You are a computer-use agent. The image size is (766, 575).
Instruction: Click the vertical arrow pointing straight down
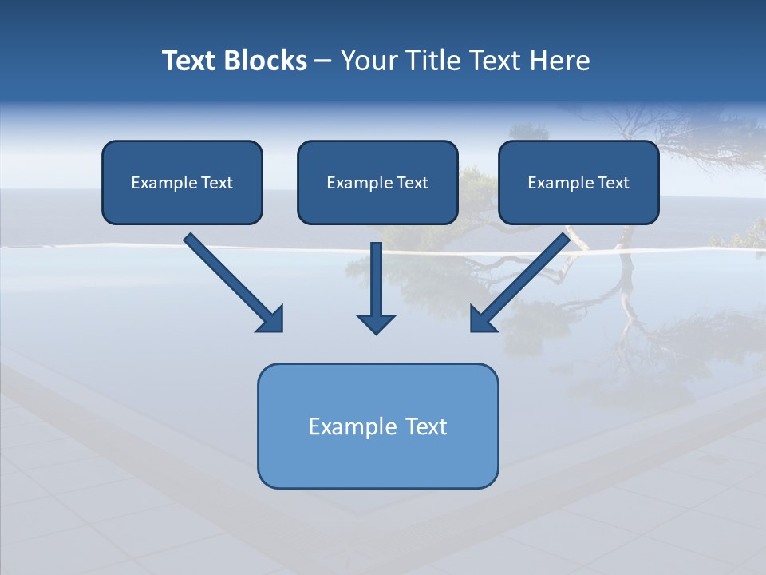pos(376,280)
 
